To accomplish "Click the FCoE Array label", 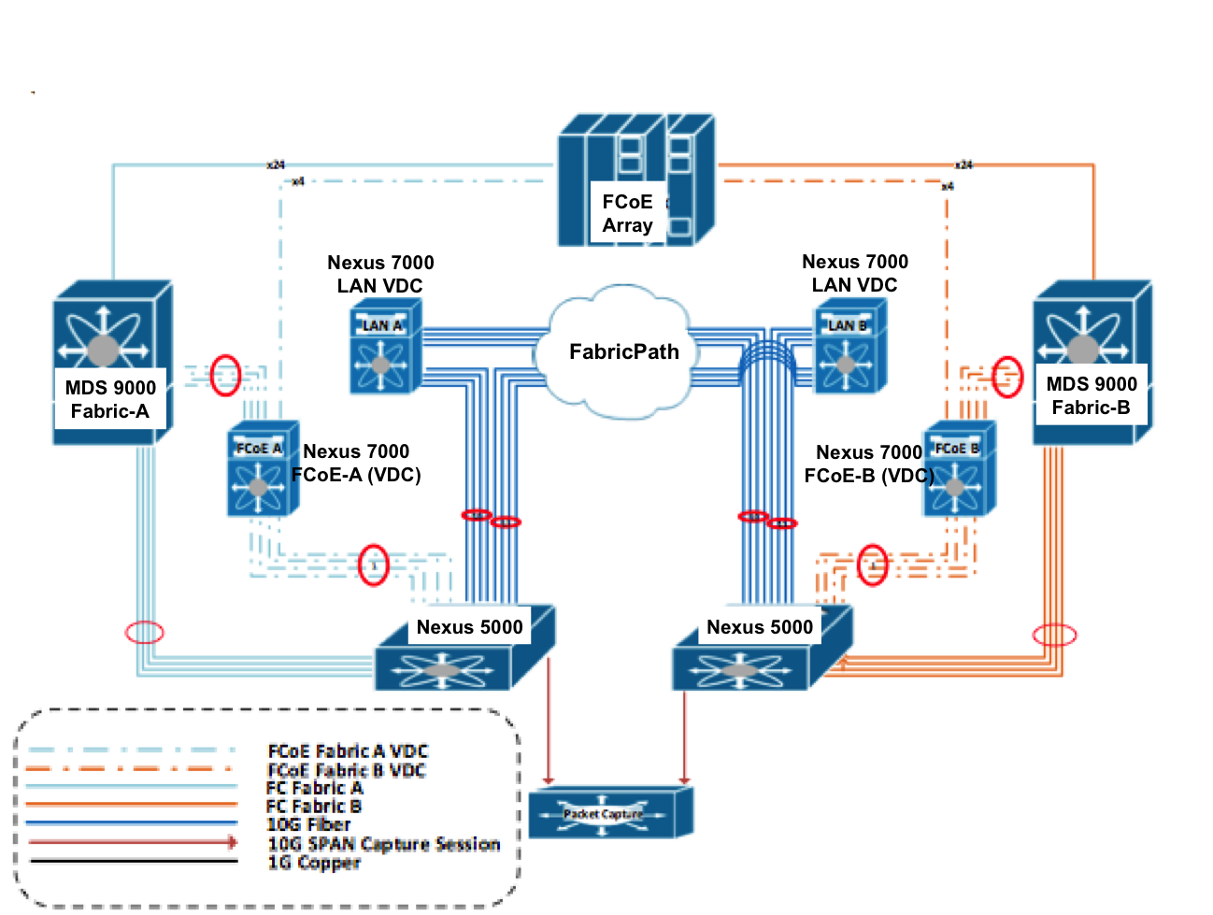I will [x=627, y=214].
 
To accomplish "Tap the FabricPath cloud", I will [x=623, y=352].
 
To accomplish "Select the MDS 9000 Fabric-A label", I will [x=110, y=399].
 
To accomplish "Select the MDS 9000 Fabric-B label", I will [x=1091, y=395].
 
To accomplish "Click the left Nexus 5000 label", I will [x=469, y=627].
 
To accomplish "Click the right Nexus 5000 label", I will [x=759, y=627].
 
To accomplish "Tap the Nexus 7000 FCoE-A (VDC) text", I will [x=356, y=464].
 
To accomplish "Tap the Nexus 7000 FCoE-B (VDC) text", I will [x=869, y=465].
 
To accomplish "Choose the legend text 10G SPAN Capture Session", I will [x=383, y=844].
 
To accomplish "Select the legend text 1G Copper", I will [x=313, y=863].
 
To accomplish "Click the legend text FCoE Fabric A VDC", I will [x=348, y=751].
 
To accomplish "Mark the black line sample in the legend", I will [x=133, y=861].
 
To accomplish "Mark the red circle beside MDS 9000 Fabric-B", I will [x=1006, y=377].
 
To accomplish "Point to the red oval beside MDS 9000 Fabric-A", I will [x=225, y=375].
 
